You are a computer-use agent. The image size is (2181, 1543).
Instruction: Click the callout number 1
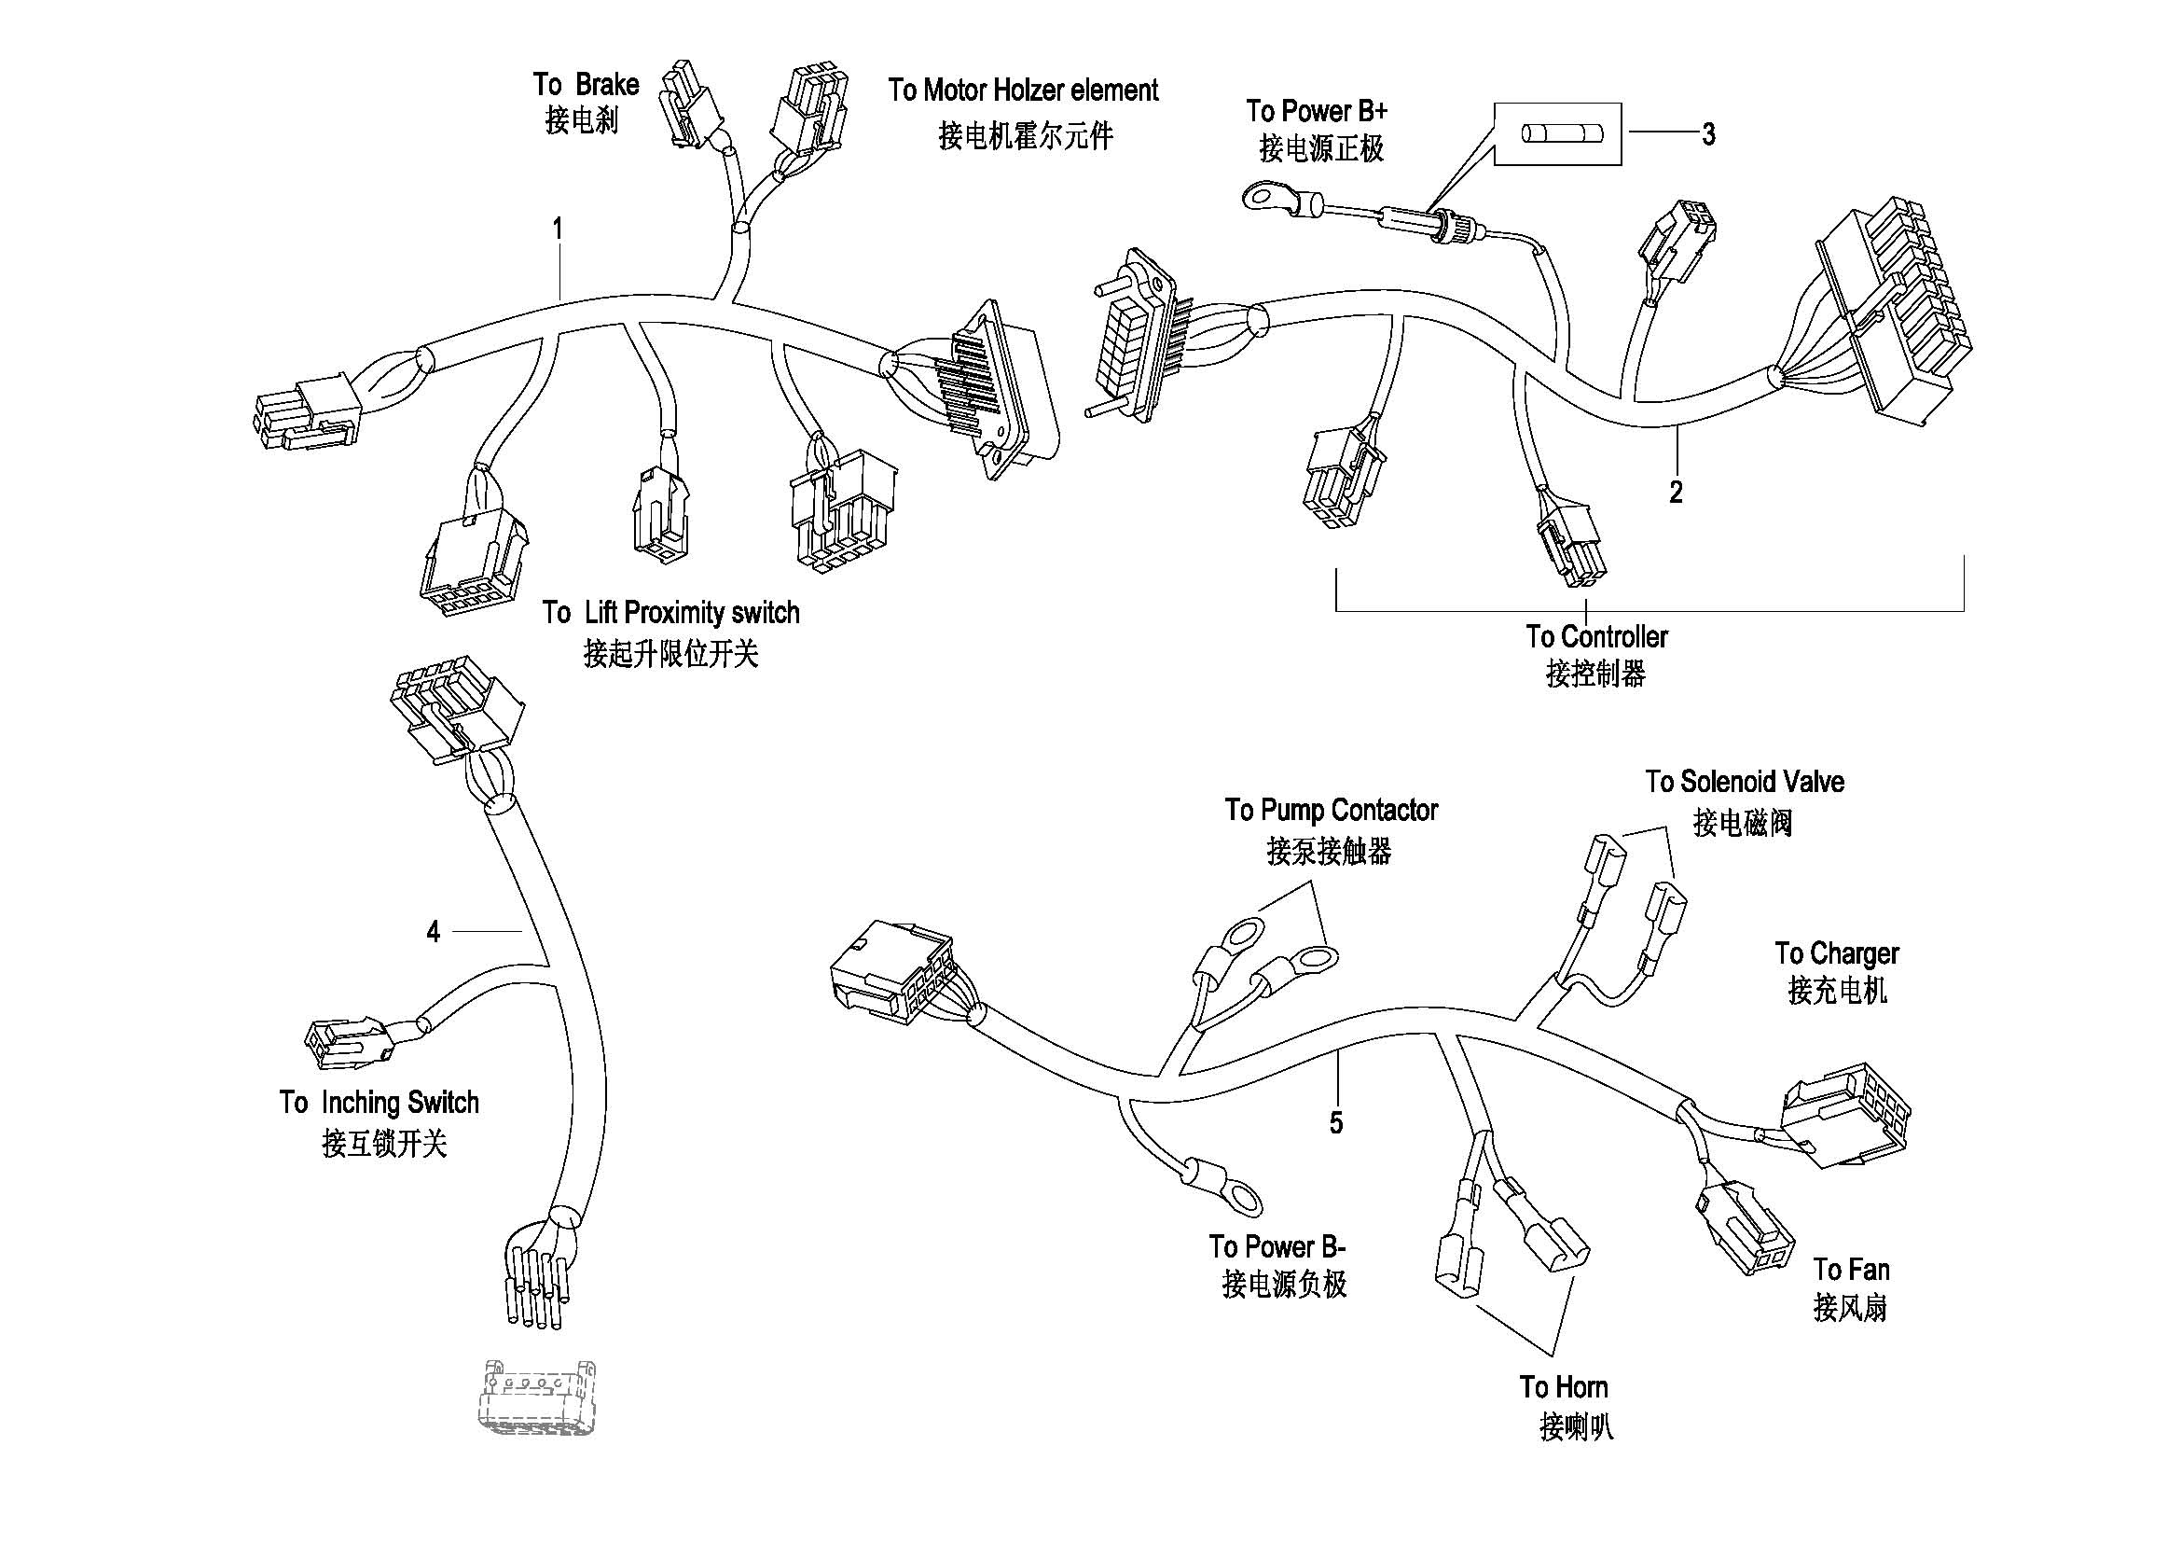click(x=559, y=229)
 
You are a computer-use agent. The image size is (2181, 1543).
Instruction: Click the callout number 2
click(x=1676, y=493)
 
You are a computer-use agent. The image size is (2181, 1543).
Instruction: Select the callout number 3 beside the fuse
click(x=1708, y=135)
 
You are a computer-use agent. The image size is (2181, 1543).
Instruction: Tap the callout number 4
click(x=434, y=932)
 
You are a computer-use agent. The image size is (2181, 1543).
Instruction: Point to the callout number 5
click(x=1335, y=1123)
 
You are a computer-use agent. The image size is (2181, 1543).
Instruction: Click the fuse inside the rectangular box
click(x=1557, y=134)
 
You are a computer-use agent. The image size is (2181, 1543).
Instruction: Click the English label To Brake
click(x=586, y=85)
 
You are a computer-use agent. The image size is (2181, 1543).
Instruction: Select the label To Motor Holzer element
click(x=1023, y=90)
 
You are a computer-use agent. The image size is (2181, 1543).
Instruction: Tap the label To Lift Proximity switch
click(x=670, y=613)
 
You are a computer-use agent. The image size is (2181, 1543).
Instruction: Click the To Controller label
click(x=1595, y=636)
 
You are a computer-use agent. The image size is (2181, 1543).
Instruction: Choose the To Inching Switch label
click(x=379, y=1102)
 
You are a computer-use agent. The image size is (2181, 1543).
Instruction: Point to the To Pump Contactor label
click(x=1331, y=811)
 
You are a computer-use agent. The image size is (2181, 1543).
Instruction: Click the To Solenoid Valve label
click(x=1744, y=782)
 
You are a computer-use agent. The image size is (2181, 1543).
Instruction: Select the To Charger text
click(x=1836, y=953)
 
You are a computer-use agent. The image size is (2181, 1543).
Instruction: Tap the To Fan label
click(x=1850, y=1270)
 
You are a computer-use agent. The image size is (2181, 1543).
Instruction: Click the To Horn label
click(x=1563, y=1387)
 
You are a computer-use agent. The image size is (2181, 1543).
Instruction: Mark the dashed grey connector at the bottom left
click(x=538, y=1397)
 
